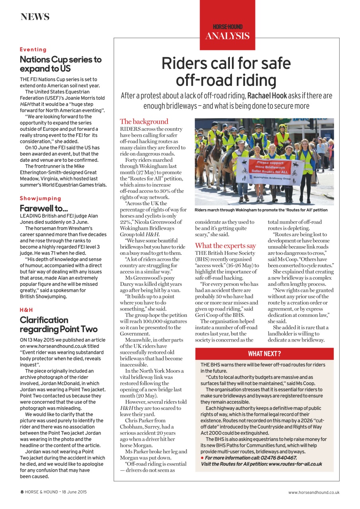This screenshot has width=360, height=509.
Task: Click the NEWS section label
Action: coord(35,17)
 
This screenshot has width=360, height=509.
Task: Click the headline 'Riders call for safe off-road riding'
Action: coord(226,72)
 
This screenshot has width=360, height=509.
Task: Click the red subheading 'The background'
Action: coord(144,122)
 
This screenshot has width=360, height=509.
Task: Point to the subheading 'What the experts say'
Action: coord(225,246)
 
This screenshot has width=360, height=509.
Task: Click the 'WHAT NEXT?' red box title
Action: coord(264,354)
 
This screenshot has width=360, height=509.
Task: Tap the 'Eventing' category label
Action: coord(33,50)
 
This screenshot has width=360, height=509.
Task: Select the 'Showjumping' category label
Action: coord(41,198)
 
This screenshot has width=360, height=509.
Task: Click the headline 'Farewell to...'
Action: coord(44,208)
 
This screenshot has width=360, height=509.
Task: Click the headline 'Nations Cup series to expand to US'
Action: coord(60,64)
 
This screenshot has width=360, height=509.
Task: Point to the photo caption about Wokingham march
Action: coord(261,210)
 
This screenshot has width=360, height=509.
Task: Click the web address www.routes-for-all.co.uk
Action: coord(295,464)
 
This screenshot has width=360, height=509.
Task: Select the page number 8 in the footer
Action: coord(22,492)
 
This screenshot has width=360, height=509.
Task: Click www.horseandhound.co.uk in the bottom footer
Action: coord(313,492)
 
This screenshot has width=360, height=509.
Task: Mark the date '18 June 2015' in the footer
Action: coord(73,492)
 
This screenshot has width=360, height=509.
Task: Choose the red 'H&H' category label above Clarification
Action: coord(26,310)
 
